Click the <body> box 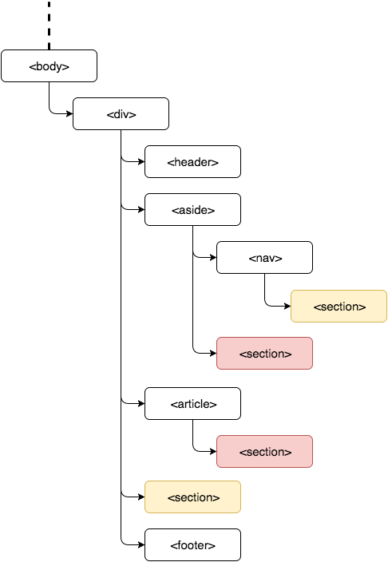point(49,66)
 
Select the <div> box point(121,114)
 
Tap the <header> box point(192,161)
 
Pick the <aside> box point(192,210)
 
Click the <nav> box point(264,257)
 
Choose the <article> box point(192,404)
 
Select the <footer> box point(192,544)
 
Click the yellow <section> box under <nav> point(339,306)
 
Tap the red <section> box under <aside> point(264,354)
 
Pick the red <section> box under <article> point(264,452)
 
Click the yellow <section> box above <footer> point(192,497)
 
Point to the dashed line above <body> point(49,25)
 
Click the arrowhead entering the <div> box point(69,114)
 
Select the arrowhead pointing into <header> point(141,161)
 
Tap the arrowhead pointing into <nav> point(213,257)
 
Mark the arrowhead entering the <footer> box point(141,544)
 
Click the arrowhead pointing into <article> point(141,404)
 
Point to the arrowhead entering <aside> point(141,210)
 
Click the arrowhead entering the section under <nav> point(287,306)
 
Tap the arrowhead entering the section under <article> point(213,452)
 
